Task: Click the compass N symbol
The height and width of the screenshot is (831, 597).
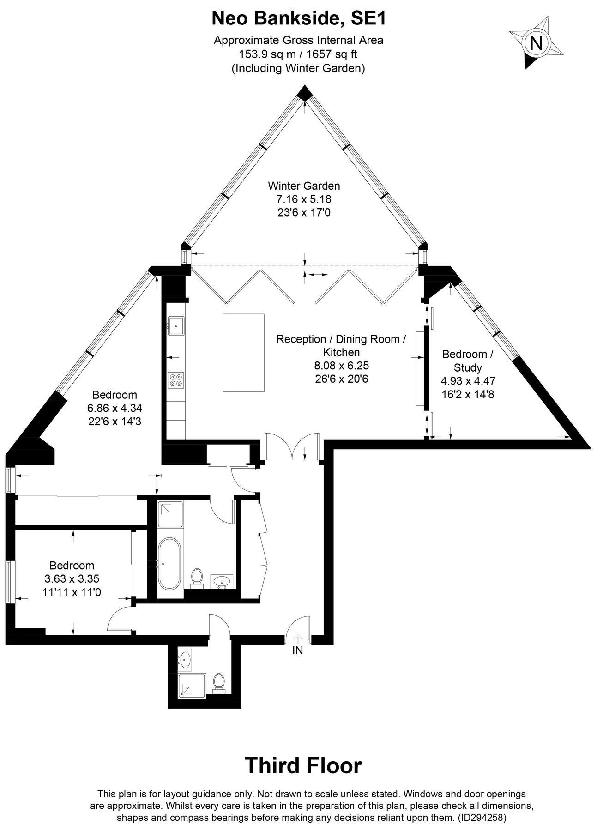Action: [536, 43]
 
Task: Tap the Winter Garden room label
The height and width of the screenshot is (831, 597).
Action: [304, 186]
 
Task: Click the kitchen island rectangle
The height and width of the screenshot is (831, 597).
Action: [244, 353]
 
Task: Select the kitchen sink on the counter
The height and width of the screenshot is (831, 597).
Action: [176, 325]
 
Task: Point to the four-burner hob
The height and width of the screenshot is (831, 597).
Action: [176, 379]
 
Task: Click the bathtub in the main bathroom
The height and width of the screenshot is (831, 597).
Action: [169, 563]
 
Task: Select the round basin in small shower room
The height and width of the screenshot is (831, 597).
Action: [186, 659]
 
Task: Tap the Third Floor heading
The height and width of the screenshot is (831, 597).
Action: [303, 765]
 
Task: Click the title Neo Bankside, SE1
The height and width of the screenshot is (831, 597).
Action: [298, 19]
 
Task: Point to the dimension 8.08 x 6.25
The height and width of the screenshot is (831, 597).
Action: [341, 366]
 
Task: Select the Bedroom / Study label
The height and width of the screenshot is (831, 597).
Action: [468, 361]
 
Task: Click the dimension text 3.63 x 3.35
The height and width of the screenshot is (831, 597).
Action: [72, 578]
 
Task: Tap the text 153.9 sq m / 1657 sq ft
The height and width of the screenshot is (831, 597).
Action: [298, 54]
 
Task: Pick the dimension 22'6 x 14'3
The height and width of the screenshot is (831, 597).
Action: [115, 422]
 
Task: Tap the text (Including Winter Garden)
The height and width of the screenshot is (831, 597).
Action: [298, 68]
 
